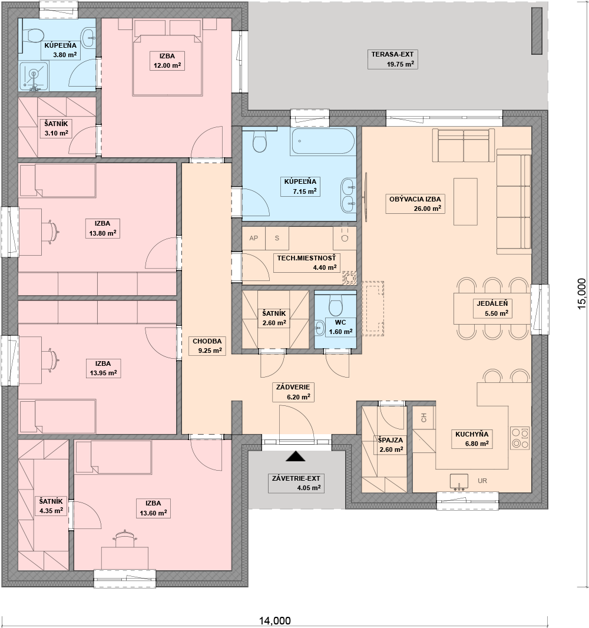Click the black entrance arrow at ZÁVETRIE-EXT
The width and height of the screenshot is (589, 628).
point(296,456)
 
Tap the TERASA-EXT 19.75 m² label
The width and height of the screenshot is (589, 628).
point(392,60)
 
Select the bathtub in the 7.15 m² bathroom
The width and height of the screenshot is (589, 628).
point(323,141)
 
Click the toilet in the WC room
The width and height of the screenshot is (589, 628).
point(336,305)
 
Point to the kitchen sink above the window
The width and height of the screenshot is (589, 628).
point(459,482)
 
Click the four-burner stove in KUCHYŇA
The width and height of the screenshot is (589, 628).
point(520,438)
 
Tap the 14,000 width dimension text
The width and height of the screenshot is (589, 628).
point(274,621)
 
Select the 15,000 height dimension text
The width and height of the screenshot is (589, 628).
point(582,293)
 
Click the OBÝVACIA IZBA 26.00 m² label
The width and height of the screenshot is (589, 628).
point(415,203)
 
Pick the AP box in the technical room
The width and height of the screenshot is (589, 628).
point(253,239)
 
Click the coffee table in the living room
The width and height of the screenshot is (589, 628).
point(465,201)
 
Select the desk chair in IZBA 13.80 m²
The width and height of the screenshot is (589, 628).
point(52,232)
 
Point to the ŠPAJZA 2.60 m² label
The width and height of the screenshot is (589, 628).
point(391,445)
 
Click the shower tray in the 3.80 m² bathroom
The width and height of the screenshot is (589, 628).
point(34,76)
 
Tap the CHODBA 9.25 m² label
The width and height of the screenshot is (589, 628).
point(207,346)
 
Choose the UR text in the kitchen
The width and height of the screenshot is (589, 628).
point(482,481)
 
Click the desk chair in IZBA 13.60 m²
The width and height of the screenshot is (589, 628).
point(124,538)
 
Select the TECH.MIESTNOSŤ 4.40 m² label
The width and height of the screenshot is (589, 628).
point(306,263)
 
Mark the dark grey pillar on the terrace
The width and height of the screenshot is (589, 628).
point(537,31)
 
